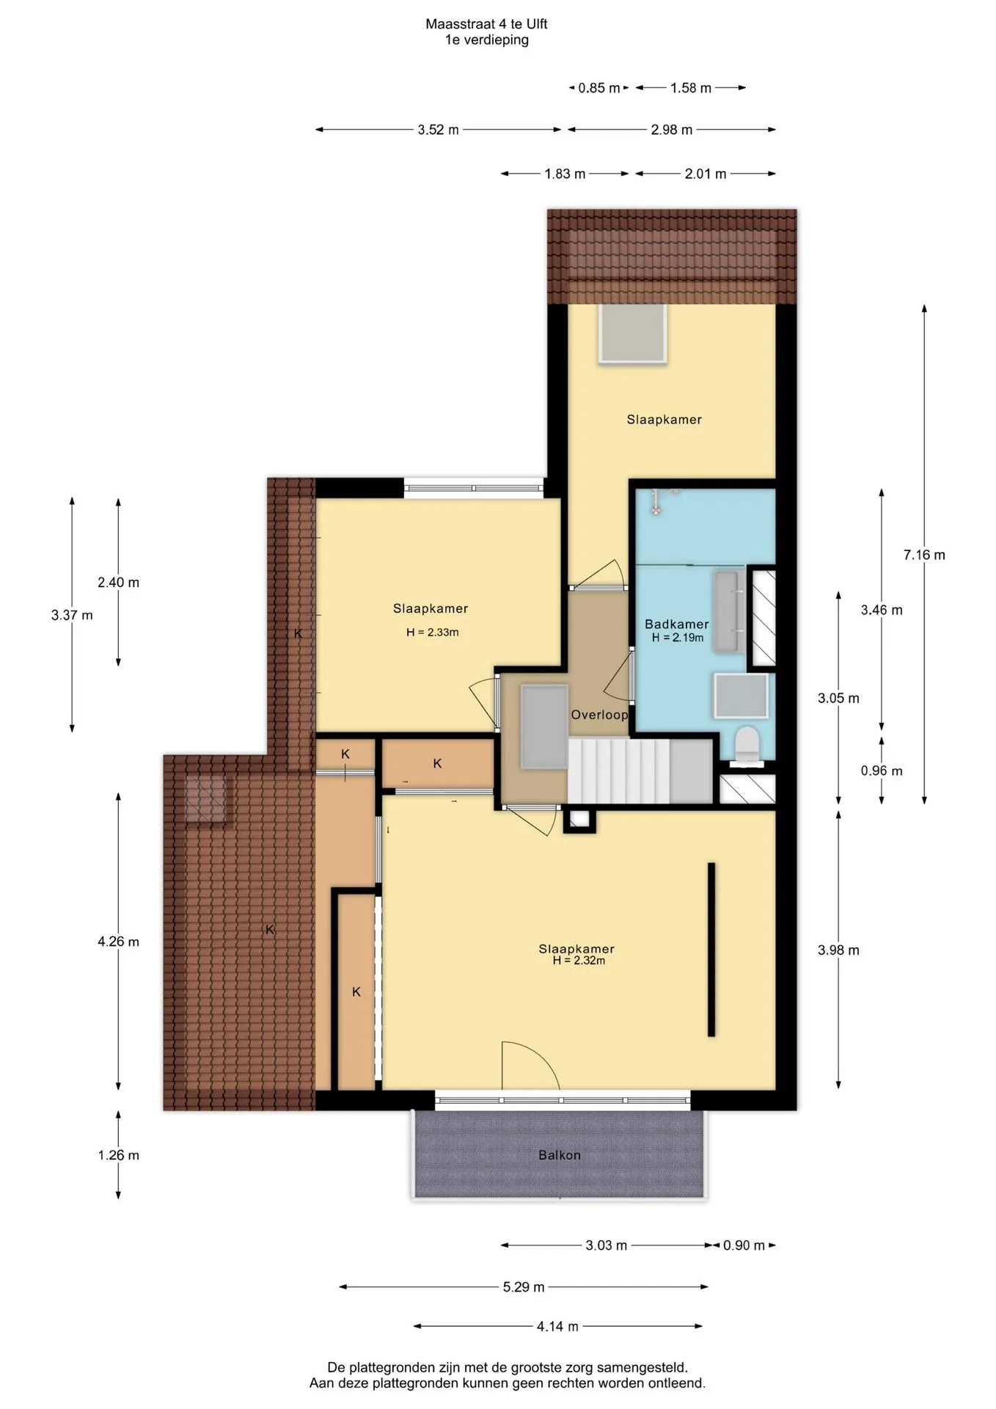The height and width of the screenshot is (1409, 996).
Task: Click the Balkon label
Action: pos(560,1155)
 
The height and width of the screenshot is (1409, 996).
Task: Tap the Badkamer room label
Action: pos(677,625)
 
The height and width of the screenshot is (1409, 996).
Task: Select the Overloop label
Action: pos(599,715)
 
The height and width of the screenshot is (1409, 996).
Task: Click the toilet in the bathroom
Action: pos(748,745)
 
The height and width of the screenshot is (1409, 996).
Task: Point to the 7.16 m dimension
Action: pos(924,555)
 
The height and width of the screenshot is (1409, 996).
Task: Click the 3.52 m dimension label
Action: pos(439,130)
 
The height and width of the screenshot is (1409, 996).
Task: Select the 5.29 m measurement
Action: pos(524,1287)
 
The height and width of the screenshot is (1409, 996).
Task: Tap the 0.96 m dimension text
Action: pos(882,771)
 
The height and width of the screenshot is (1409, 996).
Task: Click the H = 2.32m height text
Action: pos(579,961)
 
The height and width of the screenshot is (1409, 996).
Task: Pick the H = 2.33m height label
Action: pos(433,633)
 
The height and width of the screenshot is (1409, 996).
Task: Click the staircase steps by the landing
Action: pos(619,771)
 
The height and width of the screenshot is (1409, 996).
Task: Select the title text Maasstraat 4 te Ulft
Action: pos(486,24)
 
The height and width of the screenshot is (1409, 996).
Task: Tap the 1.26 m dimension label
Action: pos(118,1155)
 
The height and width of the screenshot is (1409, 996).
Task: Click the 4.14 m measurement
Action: pos(557,1327)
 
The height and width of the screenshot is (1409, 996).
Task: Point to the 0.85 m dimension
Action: pos(599,88)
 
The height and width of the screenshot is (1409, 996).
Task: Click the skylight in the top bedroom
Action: pos(632,334)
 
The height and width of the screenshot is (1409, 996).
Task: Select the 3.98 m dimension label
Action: pos(838,950)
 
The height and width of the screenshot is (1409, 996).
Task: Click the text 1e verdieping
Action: pos(486,40)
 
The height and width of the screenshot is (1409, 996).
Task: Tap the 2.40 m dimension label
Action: pos(118,583)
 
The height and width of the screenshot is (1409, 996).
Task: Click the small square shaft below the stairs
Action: pos(579,820)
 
